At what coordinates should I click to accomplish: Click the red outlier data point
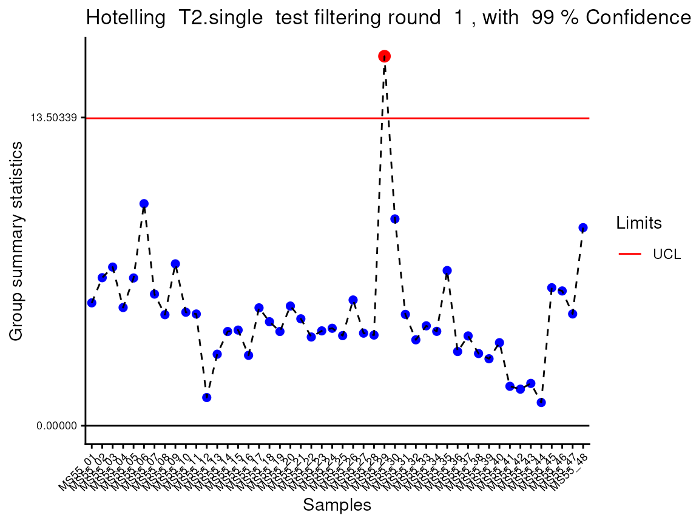pos(384,56)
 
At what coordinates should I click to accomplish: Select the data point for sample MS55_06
pos(144,204)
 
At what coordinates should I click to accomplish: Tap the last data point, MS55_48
pos(583,228)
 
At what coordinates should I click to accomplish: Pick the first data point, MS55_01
pos(92,303)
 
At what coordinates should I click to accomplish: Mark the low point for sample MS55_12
pos(206,397)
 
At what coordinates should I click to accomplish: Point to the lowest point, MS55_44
pos(541,402)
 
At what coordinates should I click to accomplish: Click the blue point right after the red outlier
pos(394,219)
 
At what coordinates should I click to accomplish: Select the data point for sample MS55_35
pos(447,270)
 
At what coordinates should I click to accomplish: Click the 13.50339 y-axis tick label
pos(53,118)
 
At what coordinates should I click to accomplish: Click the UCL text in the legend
pos(667,255)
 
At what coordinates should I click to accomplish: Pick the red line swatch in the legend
pos(630,254)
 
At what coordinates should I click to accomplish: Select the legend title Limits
pos(639,223)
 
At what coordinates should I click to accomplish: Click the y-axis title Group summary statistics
pos(17,241)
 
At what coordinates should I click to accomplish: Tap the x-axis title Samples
pos(337,505)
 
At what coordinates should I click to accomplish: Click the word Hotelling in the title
pos(126,18)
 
